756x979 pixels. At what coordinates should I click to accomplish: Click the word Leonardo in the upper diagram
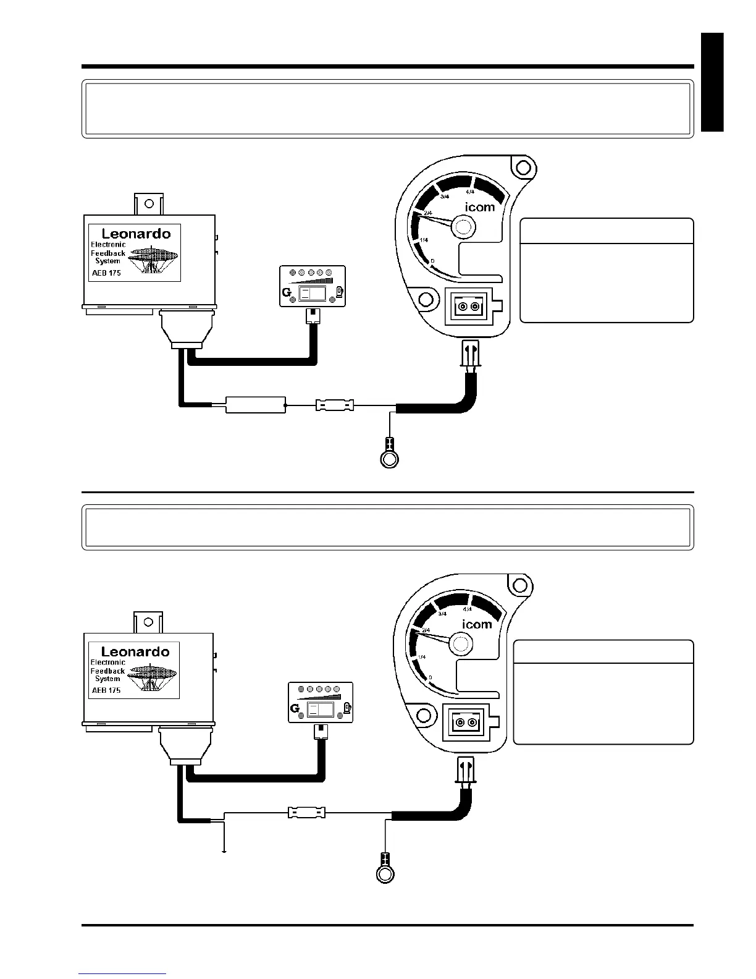[136, 234]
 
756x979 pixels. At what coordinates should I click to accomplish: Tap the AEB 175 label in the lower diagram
[106, 690]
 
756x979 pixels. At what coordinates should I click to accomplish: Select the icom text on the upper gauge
[479, 207]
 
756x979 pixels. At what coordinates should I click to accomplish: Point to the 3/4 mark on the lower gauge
[442, 614]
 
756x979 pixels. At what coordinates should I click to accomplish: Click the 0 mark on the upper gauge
[432, 261]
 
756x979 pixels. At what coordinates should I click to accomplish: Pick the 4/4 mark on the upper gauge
[470, 192]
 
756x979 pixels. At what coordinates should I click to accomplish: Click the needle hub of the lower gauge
[460, 643]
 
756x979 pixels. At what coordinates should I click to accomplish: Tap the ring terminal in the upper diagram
[388, 458]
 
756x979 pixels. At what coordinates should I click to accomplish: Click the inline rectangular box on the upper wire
[256, 405]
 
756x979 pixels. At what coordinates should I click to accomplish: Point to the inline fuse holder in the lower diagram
[308, 813]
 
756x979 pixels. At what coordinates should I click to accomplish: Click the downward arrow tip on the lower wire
[224, 851]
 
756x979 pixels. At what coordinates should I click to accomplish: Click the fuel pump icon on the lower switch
[348, 707]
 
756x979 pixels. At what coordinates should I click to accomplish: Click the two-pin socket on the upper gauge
[468, 307]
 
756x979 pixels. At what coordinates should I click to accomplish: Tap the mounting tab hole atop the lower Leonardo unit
[149, 621]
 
